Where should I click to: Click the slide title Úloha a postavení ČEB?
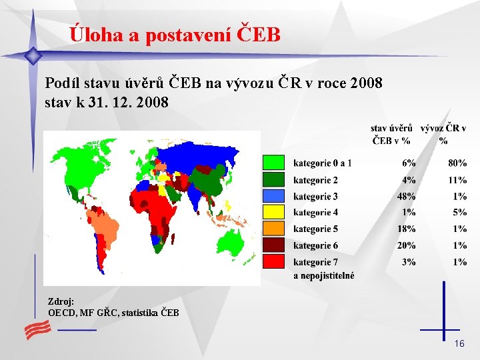175,35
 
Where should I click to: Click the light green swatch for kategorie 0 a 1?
273,163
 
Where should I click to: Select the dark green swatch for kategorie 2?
273,179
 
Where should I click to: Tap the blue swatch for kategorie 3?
273,196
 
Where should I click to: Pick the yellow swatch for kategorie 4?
273,213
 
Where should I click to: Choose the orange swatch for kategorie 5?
273,229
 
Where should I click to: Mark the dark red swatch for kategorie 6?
273,245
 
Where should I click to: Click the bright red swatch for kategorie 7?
273,262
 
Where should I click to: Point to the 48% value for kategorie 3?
406,196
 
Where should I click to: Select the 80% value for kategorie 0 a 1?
457,163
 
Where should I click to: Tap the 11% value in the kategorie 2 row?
457,180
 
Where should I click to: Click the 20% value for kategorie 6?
406,245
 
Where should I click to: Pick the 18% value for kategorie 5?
406,229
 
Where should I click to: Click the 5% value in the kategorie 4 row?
459,213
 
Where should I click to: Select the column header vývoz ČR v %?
443,134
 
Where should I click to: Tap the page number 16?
459,343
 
